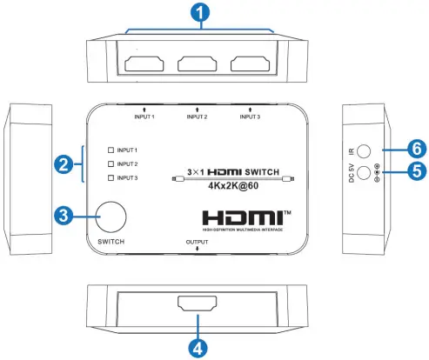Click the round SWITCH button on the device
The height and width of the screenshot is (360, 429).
pos(112,217)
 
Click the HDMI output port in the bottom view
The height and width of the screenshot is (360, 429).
pos(198,305)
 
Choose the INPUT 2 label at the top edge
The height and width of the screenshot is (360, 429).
pos(198,117)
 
